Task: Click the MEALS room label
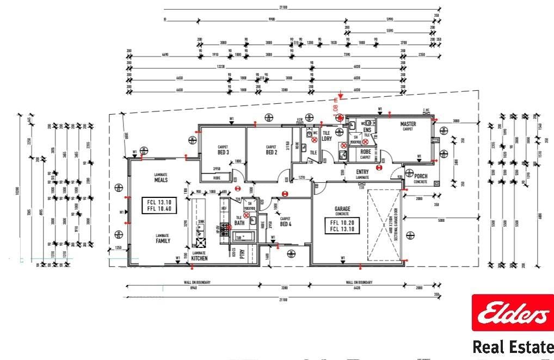(160, 179)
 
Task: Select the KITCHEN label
(199, 258)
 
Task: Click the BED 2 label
(272, 152)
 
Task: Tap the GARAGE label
(342, 209)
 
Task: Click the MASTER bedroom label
(408, 125)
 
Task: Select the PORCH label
(420, 177)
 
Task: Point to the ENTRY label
(362, 172)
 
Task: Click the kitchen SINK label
(201, 222)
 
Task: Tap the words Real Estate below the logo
(512, 346)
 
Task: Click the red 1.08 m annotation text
(335, 103)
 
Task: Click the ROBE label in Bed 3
(217, 178)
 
